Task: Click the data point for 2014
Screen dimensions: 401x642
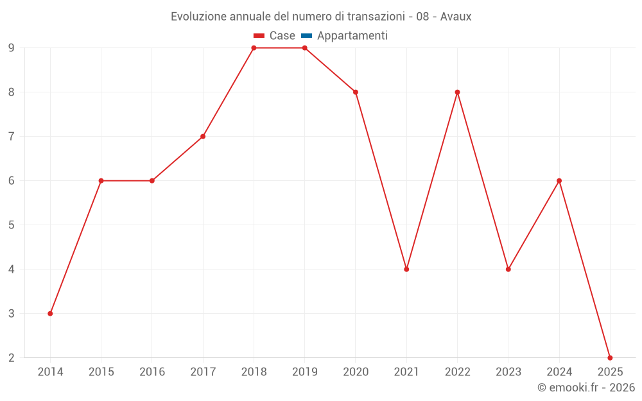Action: tap(50, 313)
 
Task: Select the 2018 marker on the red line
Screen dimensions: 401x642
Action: tap(254, 48)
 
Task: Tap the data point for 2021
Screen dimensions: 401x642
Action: tap(406, 269)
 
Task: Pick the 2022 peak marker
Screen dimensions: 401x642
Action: tap(457, 92)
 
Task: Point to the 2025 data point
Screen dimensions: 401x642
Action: tap(610, 357)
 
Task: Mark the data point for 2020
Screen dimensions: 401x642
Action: tap(356, 92)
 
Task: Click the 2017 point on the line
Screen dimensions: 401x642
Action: tap(203, 136)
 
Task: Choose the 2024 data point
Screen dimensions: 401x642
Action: tap(559, 180)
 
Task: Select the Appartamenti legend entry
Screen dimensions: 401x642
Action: tap(352, 36)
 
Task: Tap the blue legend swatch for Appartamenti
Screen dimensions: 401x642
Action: tap(306, 36)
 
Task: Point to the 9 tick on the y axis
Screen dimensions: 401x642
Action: tap(12, 48)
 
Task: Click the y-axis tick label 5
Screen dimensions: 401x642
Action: tap(12, 225)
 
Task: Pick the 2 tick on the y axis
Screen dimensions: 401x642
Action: tap(12, 358)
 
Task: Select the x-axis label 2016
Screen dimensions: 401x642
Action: tap(152, 372)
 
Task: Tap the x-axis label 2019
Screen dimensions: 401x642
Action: tap(304, 372)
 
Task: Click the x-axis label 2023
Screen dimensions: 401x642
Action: tap(508, 372)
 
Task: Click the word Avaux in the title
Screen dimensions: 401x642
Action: tap(456, 17)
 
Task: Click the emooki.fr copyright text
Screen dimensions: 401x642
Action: tap(586, 388)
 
